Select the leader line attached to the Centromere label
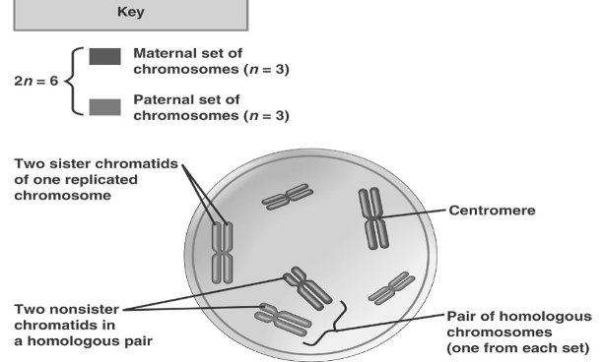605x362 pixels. click(x=414, y=212)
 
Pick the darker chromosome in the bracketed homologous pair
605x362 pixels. click(x=306, y=285)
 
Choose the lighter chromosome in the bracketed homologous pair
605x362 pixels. click(x=283, y=318)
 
